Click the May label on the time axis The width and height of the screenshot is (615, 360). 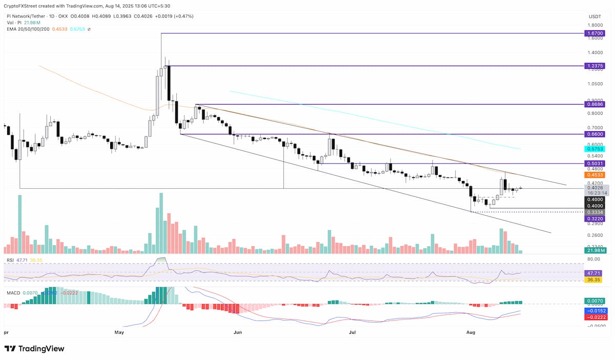click(x=119, y=332)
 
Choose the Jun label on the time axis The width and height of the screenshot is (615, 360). click(x=237, y=332)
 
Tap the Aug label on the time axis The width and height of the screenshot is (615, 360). click(x=471, y=332)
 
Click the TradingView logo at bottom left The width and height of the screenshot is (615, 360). click(x=34, y=349)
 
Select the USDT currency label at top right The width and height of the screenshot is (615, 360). click(x=594, y=17)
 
